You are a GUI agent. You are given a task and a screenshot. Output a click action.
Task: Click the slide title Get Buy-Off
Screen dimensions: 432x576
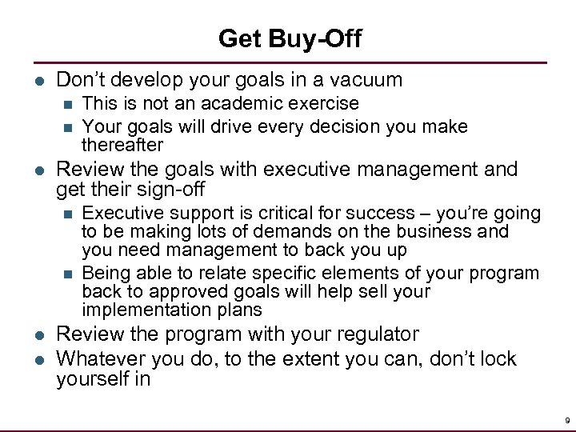pos(289,38)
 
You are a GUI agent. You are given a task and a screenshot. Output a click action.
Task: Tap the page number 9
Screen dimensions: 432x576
pos(566,419)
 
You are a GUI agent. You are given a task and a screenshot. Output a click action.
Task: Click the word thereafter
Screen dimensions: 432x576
pos(122,145)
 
